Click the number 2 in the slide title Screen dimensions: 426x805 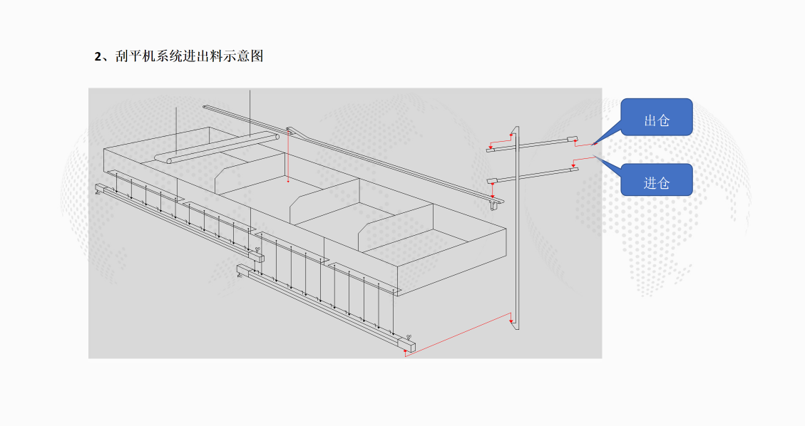coord(98,56)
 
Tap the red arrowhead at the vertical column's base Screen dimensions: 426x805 coord(511,322)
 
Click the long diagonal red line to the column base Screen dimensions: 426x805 coord(456,334)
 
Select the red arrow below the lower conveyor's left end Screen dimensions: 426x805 coord(491,194)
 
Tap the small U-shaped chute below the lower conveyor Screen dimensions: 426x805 coord(494,204)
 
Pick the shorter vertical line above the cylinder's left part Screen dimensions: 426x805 coord(178,128)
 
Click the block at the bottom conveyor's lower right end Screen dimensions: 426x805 coord(408,346)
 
